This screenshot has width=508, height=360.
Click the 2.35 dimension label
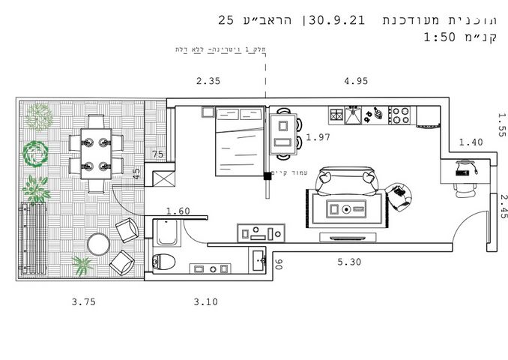[208, 82]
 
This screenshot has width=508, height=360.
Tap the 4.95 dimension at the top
[356, 82]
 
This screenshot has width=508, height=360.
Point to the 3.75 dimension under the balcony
[83, 302]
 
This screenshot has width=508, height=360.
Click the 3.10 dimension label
[205, 302]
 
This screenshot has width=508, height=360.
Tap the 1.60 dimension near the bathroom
[178, 211]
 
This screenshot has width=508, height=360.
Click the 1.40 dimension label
[471, 142]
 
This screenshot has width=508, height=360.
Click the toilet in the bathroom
[164, 262]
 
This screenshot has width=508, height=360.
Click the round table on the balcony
[99, 244]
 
